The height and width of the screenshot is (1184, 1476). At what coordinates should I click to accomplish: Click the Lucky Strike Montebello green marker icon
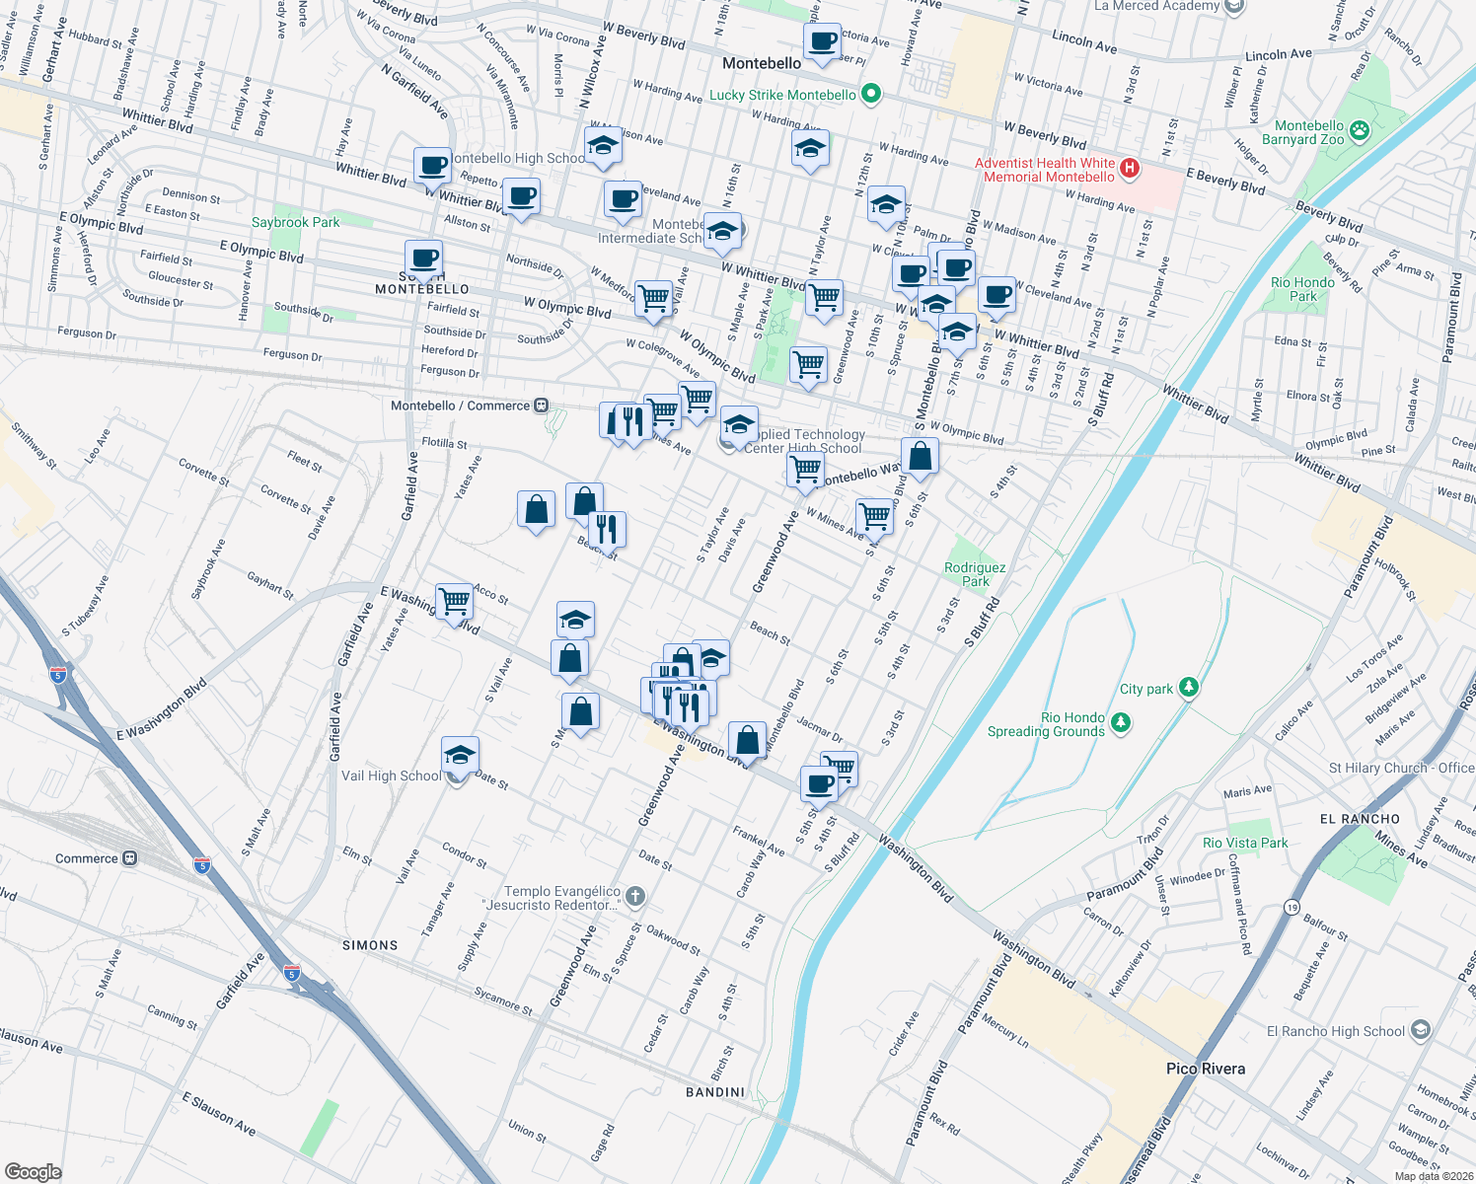[870, 95]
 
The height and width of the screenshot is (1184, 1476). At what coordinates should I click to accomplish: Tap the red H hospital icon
[1130, 170]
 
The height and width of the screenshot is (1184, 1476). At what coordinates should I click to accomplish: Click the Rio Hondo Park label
[1302, 289]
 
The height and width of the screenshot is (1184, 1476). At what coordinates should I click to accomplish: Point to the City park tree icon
[1189, 688]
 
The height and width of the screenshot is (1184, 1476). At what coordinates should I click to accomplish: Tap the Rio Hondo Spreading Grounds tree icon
[1120, 724]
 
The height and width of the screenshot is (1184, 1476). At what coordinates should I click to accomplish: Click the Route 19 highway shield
[1291, 907]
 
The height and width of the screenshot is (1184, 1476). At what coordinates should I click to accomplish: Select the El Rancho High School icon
[1420, 1031]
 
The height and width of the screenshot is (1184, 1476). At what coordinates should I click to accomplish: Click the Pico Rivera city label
[1205, 1069]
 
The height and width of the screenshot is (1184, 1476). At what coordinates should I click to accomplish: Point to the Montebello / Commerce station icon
[541, 406]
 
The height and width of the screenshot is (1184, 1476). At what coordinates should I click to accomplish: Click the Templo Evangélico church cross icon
[635, 897]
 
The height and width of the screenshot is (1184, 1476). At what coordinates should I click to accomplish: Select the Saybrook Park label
[295, 222]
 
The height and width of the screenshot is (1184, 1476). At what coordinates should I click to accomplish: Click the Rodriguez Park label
[975, 574]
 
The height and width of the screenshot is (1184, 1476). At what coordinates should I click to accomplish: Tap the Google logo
[33, 1171]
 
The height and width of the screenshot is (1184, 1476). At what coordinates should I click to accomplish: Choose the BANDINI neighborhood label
[715, 1091]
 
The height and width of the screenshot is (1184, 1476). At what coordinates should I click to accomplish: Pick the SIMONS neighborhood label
[370, 945]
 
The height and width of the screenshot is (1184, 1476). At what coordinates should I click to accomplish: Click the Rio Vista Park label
[1245, 843]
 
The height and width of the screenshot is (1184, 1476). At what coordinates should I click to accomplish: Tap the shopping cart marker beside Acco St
[454, 601]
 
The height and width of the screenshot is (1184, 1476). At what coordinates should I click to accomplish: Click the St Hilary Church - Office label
[1401, 768]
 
